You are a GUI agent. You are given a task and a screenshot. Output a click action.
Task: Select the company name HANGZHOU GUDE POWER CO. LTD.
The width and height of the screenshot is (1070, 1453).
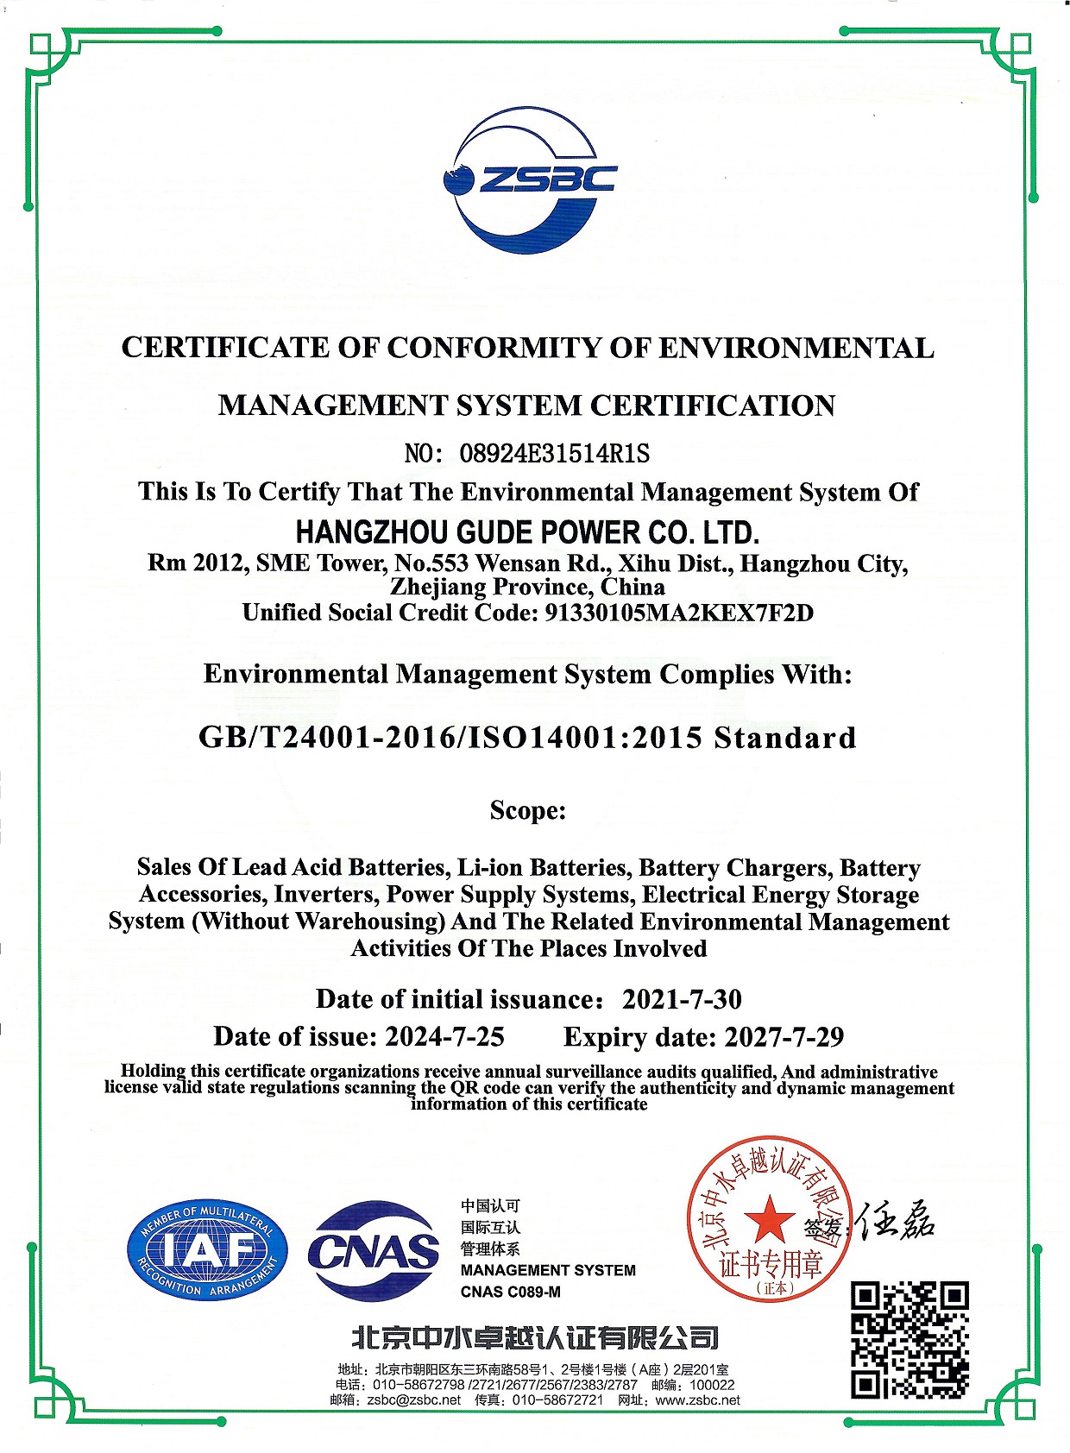(527, 532)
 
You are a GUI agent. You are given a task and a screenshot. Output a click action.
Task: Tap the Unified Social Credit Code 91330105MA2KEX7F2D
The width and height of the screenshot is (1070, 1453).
(679, 613)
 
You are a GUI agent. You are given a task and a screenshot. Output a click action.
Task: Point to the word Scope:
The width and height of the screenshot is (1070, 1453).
(527, 810)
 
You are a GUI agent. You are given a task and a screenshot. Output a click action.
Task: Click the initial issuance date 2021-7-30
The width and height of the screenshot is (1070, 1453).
(682, 999)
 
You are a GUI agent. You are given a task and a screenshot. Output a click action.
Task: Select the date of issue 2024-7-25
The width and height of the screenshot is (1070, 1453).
(444, 1036)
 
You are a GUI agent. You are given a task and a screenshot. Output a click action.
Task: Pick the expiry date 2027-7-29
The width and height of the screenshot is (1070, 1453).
(784, 1036)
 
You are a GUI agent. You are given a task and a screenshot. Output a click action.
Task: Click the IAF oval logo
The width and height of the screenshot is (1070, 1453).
(207, 1250)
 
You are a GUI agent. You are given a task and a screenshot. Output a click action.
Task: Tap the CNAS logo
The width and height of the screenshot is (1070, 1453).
(374, 1250)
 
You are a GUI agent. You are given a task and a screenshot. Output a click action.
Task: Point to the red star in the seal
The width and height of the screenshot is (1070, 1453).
(768, 1221)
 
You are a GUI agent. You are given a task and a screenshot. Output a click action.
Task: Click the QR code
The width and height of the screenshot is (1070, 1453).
(909, 1339)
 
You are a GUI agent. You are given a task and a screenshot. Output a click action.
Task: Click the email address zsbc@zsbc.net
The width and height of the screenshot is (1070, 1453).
(413, 1400)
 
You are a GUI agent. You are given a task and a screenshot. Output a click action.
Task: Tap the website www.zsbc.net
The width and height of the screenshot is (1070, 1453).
(697, 1400)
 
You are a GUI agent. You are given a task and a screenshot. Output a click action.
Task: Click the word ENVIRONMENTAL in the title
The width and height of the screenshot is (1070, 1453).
(796, 348)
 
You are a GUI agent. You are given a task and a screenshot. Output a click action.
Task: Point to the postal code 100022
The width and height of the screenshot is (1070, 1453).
(712, 1385)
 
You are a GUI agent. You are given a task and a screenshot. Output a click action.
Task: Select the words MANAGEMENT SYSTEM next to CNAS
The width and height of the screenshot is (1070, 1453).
(548, 1270)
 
